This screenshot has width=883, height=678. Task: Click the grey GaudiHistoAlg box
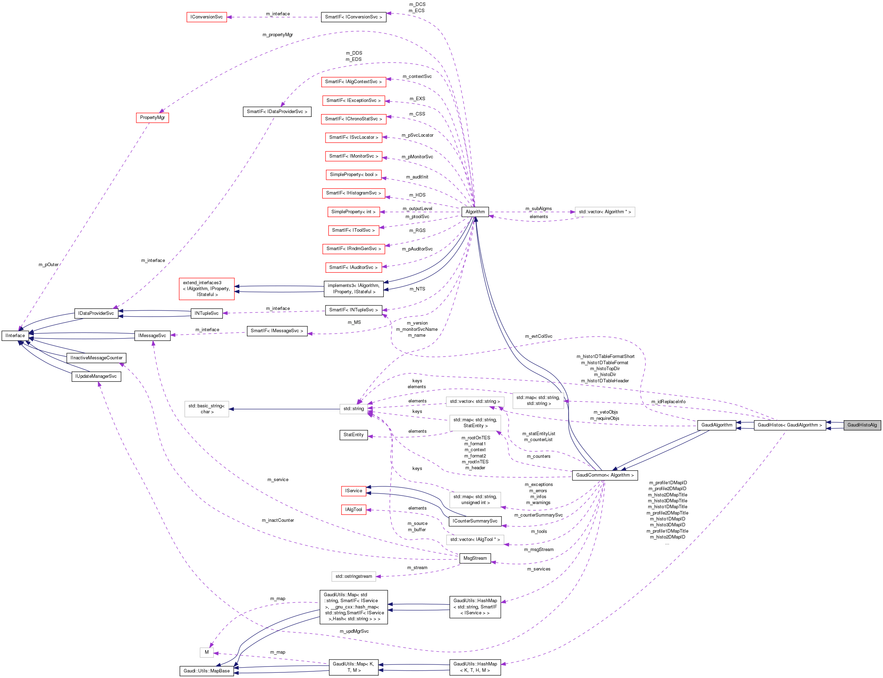(x=862, y=425)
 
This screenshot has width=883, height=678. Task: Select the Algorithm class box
(x=475, y=212)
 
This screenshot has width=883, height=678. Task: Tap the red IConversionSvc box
(x=207, y=17)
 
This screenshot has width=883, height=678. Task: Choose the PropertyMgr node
(x=152, y=118)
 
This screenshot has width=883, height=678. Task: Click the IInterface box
(x=15, y=336)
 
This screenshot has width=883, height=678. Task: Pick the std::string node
(x=353, y=409)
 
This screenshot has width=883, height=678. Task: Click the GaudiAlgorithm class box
(x=716, y=425)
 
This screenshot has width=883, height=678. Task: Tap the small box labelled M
(x=207, y=652)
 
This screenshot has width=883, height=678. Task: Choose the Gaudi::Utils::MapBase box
(x=207, y=671)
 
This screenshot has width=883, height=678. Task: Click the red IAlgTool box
(x=353, y=510)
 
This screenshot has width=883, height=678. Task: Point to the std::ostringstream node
(x=353, y=576)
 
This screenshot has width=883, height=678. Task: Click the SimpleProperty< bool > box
(x=353, y=175)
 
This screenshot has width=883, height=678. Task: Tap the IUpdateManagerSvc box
(x=96, y=376)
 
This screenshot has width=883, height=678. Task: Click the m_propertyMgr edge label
(x=278, y=35)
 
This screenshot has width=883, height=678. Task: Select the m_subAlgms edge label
(x=538, y=209)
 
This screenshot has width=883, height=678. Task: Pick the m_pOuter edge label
(x=48, y=265)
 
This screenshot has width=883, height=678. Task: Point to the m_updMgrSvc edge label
(x=354, y=631)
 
